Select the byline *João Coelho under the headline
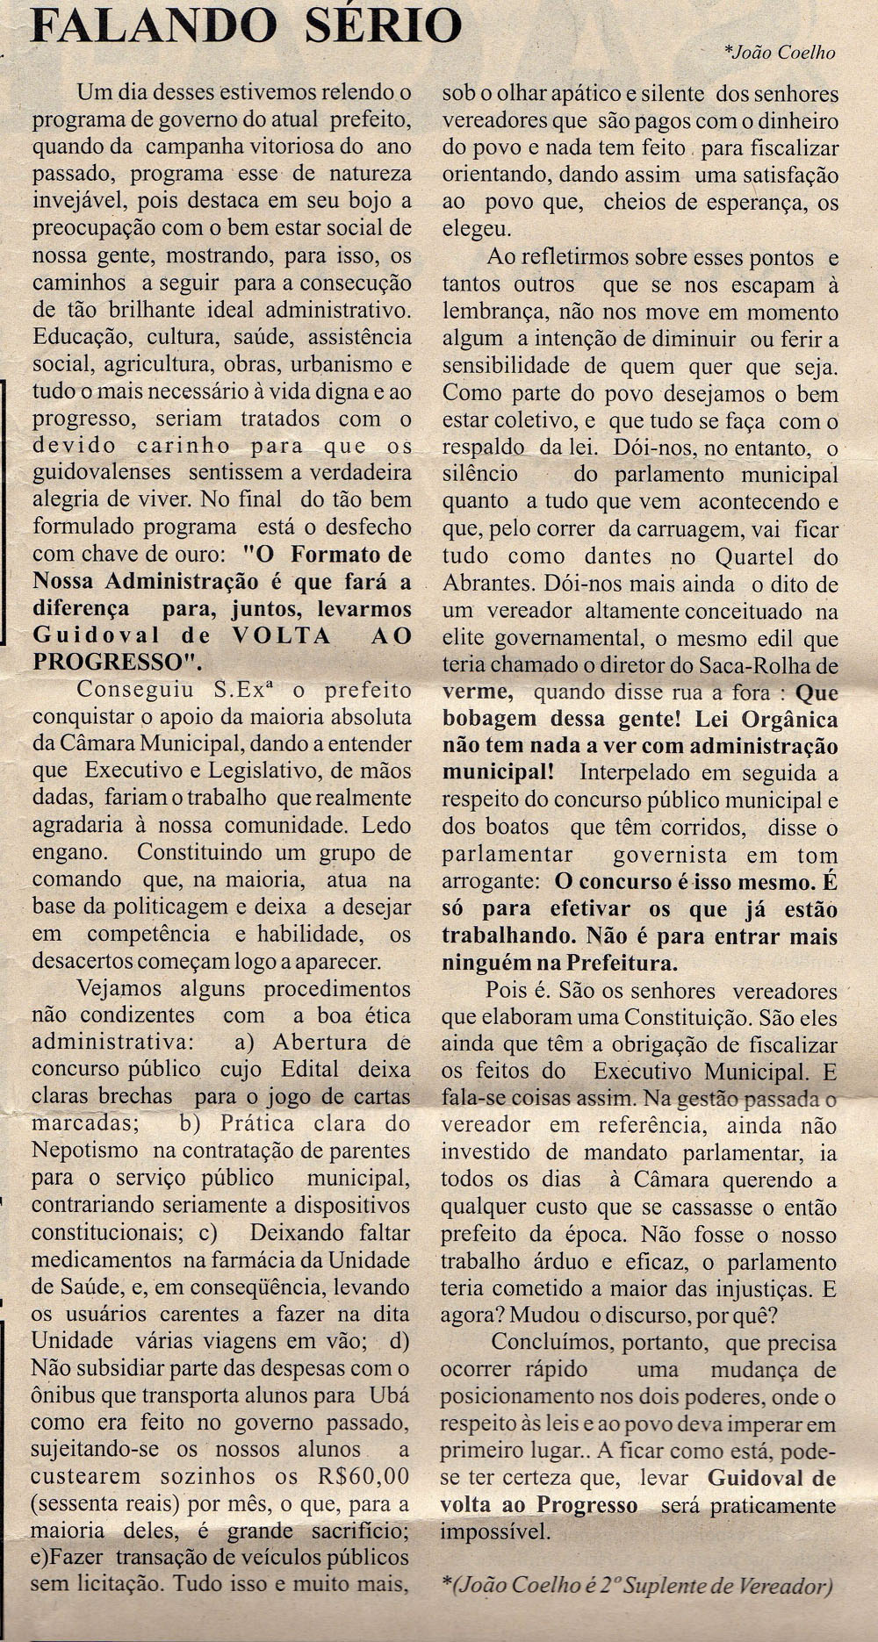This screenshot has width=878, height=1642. pyautogui.click(x=779, y=52)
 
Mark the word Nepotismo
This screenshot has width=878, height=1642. pyautogui.click(x=85, y=1149)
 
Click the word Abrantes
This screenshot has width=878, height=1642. pyautogui.click(x=488, y=584)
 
